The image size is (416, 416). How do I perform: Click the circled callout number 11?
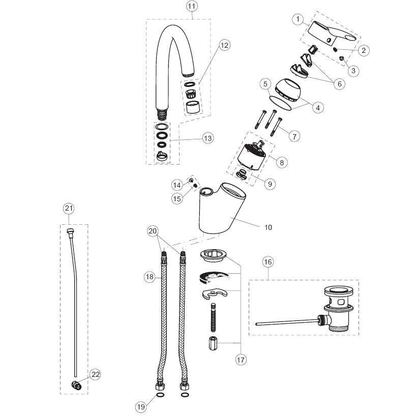pyautogui.click(x=192, y=7)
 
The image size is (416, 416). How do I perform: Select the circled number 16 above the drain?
pyautogui.click(x=268, y=262)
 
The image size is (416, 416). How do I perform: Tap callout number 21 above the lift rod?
pyautogui.click(x=69, y=209)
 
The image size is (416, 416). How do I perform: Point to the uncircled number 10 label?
pyautogui.click(x=268, y=227)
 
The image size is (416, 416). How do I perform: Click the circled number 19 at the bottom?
pyautogui.click(x=141, y=407)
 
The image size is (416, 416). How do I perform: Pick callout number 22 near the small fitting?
pyautogui.click(x=96, y=374)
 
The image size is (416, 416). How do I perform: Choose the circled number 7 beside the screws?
pyautogui.click(x=294, y=136)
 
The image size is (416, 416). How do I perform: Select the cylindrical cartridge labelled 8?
pyautogui.click(x=252, y=157)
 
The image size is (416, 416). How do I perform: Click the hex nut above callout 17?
pyautogui.click(x=213, y=343)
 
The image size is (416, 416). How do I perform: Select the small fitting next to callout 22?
pyautogui.click(x=76, y=385)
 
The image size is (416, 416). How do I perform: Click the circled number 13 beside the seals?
pyautogui.click(x=207, y=138)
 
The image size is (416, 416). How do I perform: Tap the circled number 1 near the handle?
pyautogui.click(x=298, y=19)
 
